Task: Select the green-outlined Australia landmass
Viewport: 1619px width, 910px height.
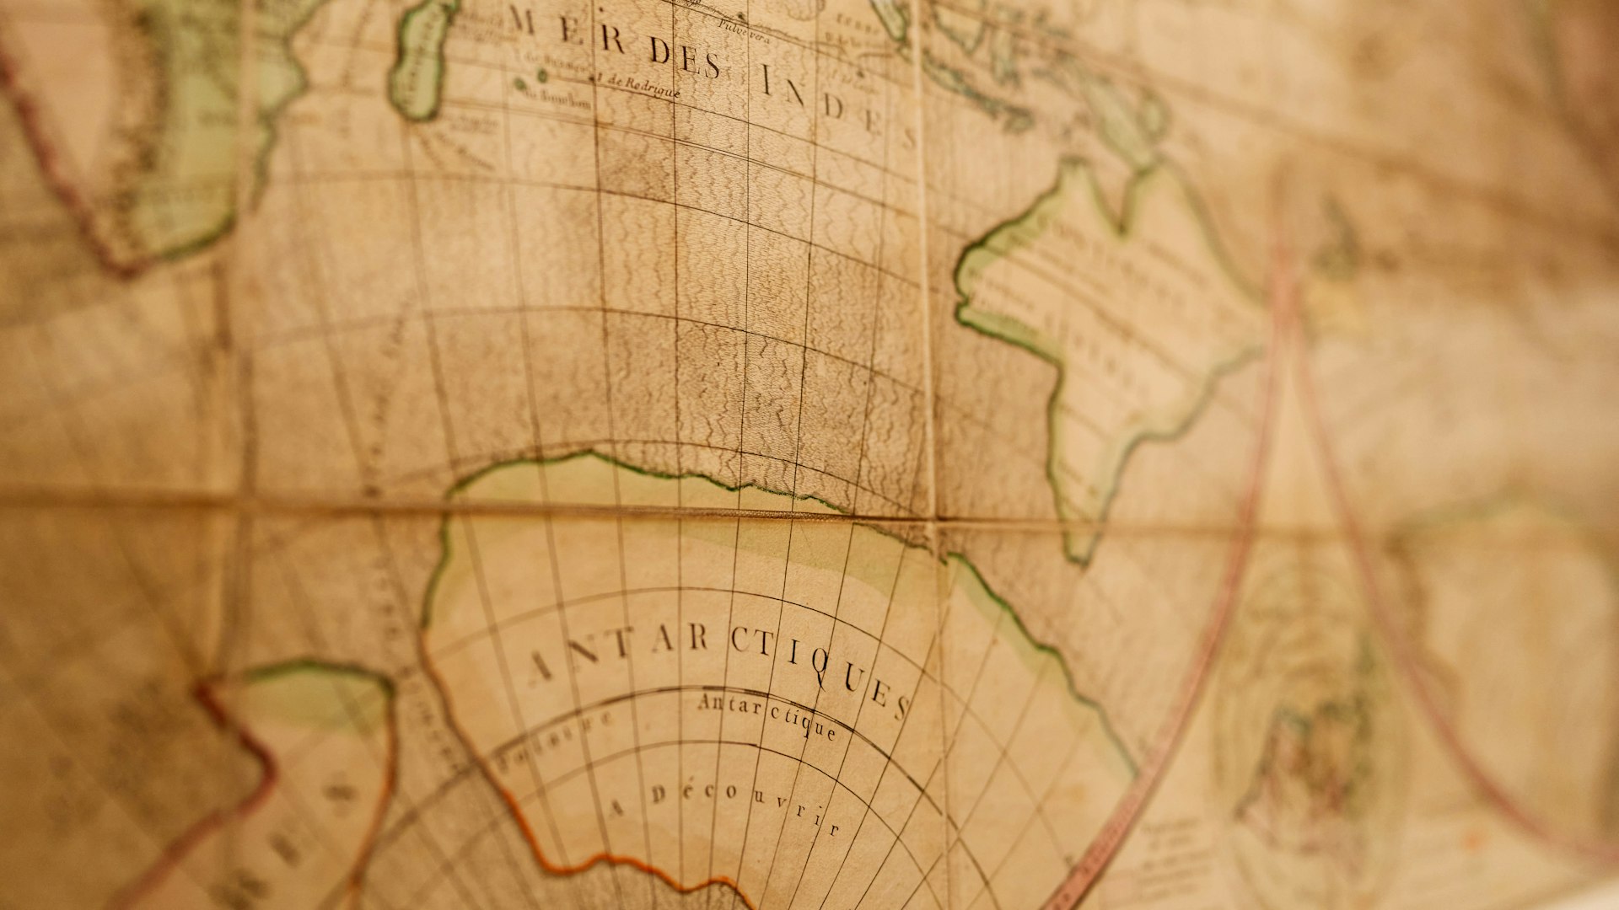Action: (1105, 337)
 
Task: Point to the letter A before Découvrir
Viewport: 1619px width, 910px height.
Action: (617, 807)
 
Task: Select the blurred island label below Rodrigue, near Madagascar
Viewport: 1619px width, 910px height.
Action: (557, 98)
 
